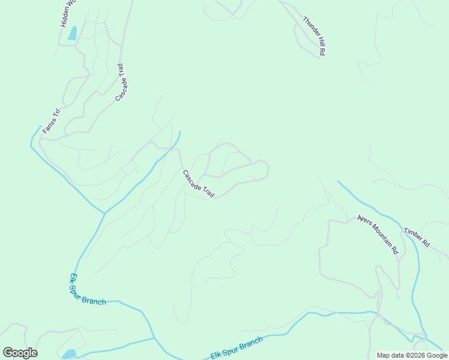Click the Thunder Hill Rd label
click(x=313, y=36)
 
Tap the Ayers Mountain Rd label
click(x=378, y=235)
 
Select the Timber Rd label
click(x=417, y=238)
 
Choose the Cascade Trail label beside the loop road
click(x=198, y=184)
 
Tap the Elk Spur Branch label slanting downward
click(x=88, y=290)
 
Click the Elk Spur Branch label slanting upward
click(x=237, y=349)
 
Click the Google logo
click(x=20, y=353)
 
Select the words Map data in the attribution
click(x=391, y=356)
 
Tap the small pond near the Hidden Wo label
click(x=73, y=33)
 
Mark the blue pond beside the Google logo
click(x=69, y=353)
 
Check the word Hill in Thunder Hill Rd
click(x=318, y=42)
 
